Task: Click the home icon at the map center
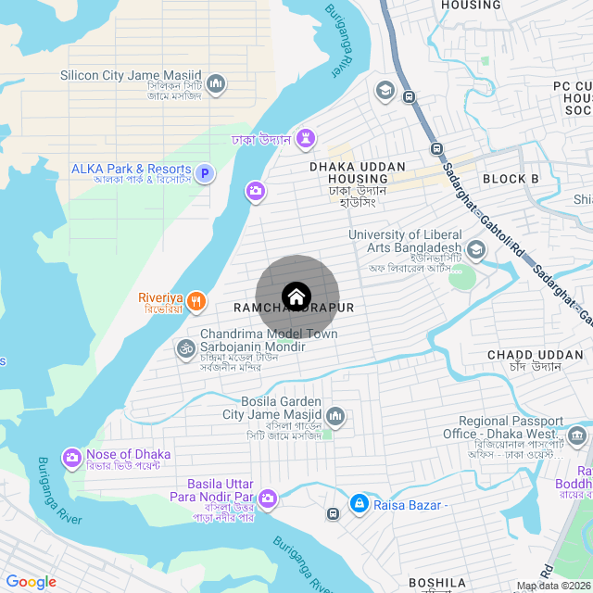(296, 296)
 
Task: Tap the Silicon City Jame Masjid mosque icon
(216, 84)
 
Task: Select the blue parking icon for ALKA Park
(206, 172)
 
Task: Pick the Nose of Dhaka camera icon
(71, 458)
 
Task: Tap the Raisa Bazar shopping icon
(359, 503)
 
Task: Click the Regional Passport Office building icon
(577, 435)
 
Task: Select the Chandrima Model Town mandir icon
(185, 348)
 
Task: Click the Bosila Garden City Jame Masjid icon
(334, 418)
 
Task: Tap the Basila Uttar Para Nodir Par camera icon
(268, 498)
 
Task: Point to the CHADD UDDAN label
(524, 355)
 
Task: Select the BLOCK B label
(511, 179)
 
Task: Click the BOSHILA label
(437, 583)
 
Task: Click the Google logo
(31, 582)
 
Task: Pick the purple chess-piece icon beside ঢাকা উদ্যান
(306, 139)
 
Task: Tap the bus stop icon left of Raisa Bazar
(332, 513)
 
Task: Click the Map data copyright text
(553, 586)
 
